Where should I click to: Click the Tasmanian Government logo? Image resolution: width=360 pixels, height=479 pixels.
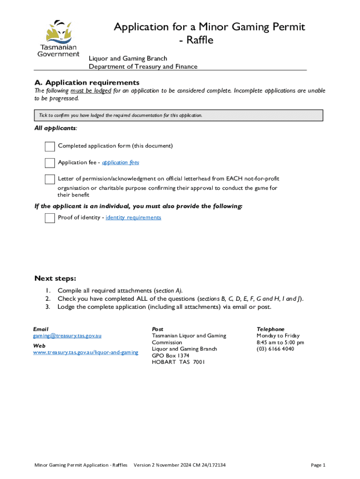[x=58, y=38]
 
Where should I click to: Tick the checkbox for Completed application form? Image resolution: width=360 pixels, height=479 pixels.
[x=50, y=146]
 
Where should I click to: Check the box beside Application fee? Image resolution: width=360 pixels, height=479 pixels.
[x=50, y=163]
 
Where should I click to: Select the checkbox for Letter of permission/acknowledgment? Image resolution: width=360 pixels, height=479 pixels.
[x=50, y=179]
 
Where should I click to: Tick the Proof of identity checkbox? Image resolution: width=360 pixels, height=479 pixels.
[x=50, y=218]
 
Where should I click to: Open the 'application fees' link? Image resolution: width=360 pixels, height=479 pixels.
[x=121, y=162]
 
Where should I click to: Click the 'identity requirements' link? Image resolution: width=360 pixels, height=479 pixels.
[x=133, y=218]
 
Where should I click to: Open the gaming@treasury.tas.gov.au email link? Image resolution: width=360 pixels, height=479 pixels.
[x=67, y=336]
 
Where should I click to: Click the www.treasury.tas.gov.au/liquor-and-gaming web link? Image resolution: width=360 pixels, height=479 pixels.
[x=86, y=352]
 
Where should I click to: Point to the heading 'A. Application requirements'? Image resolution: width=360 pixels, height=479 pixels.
[x=87, y=83]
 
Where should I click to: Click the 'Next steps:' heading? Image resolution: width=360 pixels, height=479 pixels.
[x=55, y=278]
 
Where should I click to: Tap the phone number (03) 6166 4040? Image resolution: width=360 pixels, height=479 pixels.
[x=275, y=349]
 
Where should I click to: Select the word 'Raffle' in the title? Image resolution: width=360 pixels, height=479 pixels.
[x=200, y=41]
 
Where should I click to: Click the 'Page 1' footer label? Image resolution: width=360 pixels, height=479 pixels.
[x=318, y=465]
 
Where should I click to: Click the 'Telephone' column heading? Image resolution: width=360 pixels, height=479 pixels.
[x=270, y=329]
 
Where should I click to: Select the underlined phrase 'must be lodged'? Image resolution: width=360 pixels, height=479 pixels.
[x=91, y=91]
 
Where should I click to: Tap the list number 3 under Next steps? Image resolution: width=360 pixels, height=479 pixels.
[x=48, y=307]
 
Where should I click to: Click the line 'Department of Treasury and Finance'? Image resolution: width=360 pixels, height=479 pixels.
[x=143, y=66]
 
